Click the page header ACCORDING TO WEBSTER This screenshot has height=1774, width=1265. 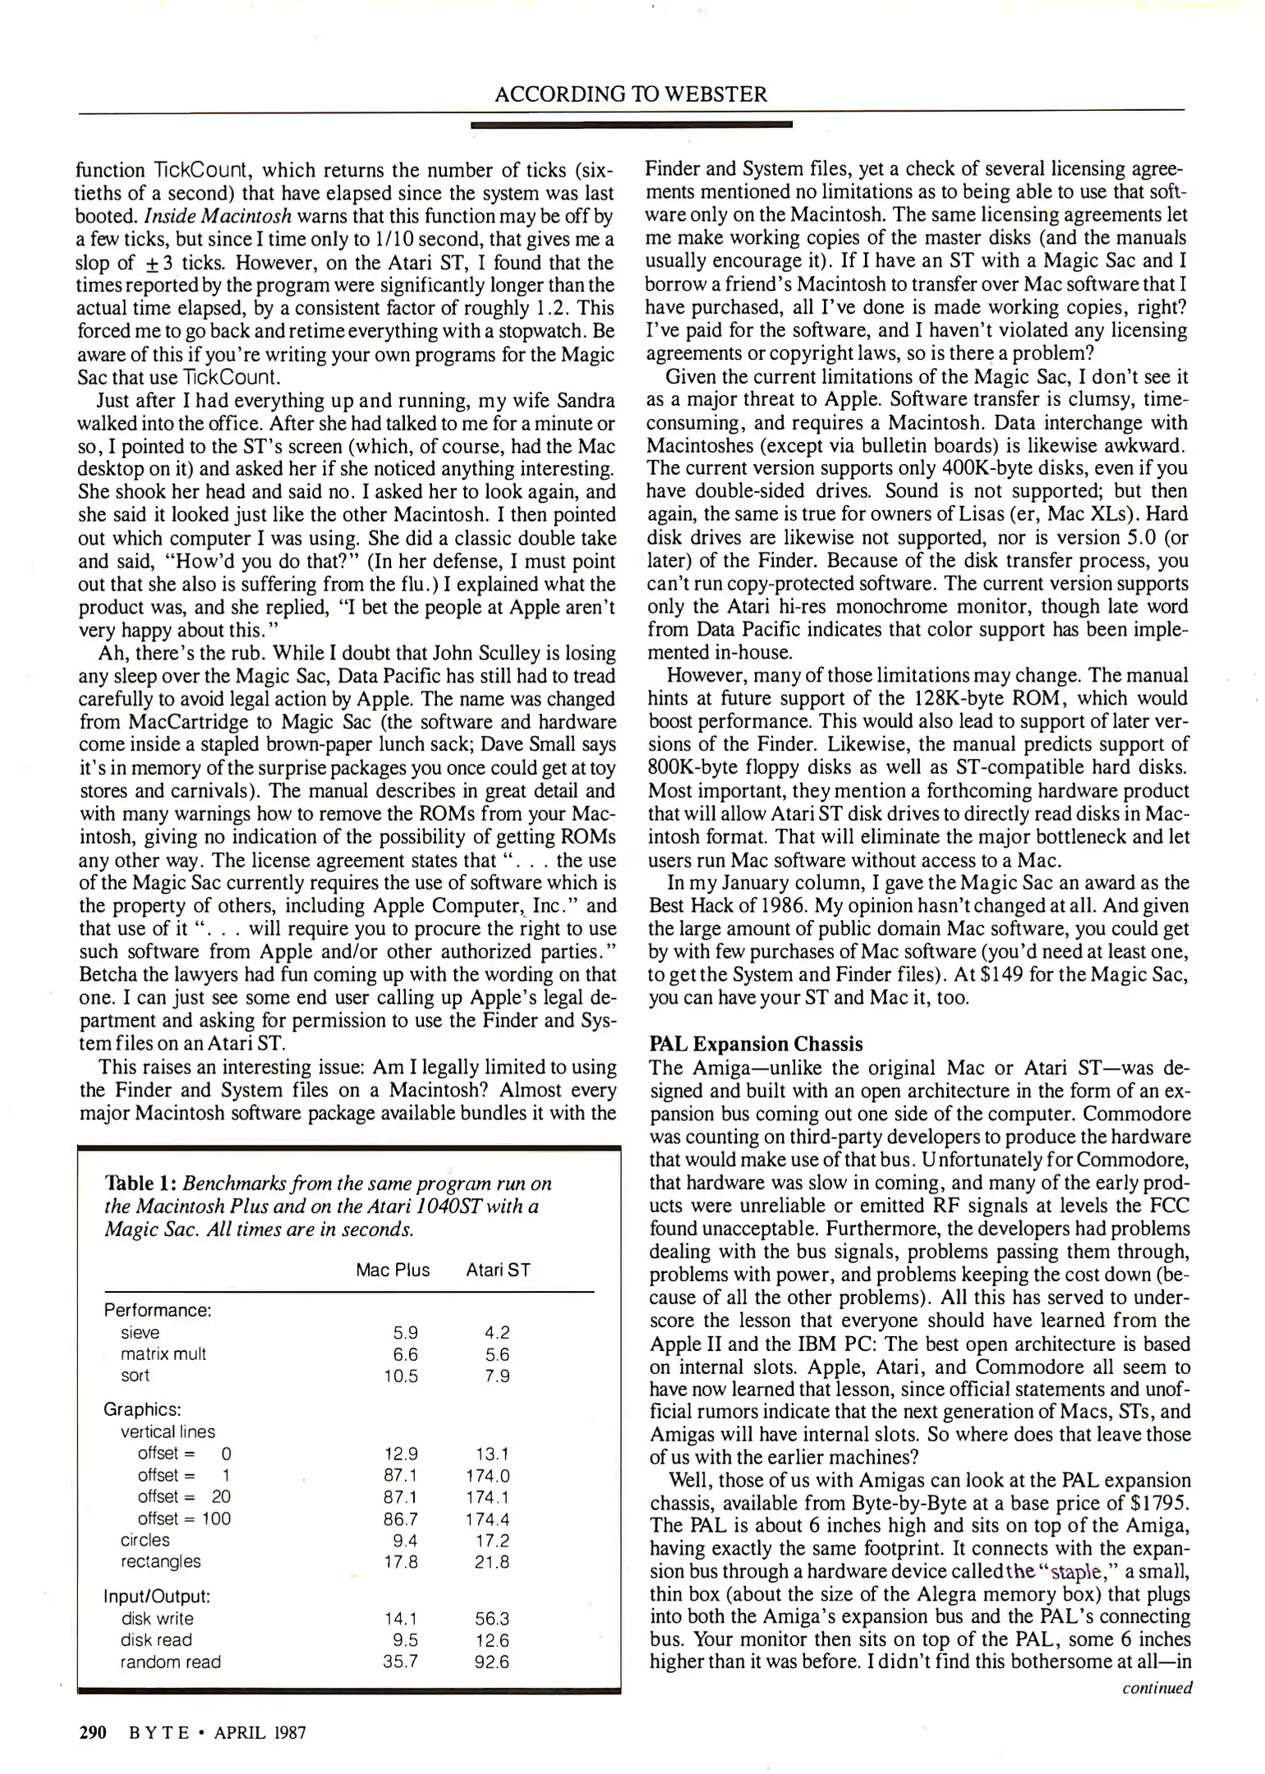point(631,94)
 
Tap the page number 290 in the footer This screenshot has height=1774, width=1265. point(93,1733)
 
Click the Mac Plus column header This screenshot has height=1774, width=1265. point(393,1270)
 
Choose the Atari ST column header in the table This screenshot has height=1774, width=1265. point(498,1270)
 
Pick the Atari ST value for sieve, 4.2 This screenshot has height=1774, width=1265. point(497,1333)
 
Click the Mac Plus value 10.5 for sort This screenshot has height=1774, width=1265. point(401,1376)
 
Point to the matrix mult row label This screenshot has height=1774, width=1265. point(163,1353)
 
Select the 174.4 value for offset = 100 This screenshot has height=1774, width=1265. point(488,1519)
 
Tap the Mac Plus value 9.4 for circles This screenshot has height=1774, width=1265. point(406,1540)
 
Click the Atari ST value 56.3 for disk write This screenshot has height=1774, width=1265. point(492,1619)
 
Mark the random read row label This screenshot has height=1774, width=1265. point(170,1661)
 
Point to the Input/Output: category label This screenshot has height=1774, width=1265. point(157,1597)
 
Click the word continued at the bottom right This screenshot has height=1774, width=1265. point(1157,1689)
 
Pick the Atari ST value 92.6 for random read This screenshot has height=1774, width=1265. point(492,1661)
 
